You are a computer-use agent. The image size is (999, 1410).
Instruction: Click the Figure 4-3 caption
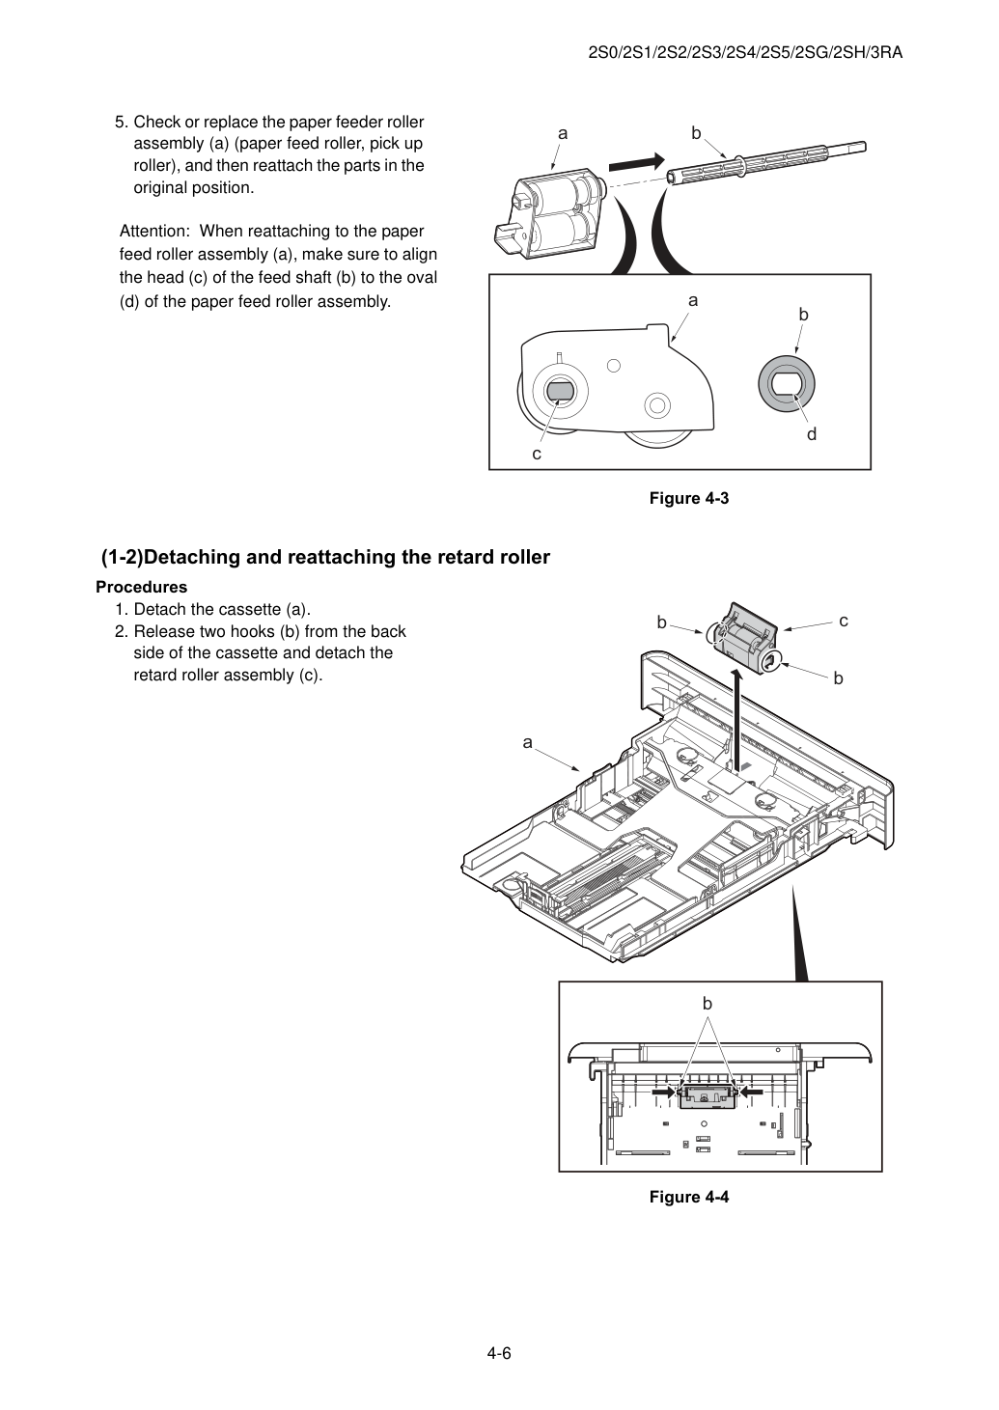pyautogui.click(x=688, y=499)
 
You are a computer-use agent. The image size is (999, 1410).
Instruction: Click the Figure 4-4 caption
pyautogui.click(x=688, y=1197)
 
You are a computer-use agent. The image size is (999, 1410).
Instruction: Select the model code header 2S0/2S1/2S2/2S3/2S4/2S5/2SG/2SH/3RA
pyautogui.click(x=745, y=53)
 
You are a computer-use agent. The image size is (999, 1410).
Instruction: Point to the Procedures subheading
pyautogui.click(x=142, y=587)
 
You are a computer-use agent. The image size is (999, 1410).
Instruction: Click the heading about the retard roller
pyautogui.click(x=325, y=557)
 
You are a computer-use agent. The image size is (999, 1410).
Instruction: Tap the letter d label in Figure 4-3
pyautogui.click(x=812, y=433)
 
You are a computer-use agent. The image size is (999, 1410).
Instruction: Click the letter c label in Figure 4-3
pyautogui.click(x=537, y=454)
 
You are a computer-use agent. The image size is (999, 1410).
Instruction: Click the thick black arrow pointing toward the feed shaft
pyautogui.click(x=637, y=162)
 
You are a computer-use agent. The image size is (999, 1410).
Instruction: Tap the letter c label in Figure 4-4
pyautogui.click(x=844, y=621)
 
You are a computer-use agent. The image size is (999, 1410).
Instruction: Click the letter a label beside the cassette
pyautogui.click(x=528, y=743)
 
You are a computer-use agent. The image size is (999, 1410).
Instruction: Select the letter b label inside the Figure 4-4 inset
pyautogui.click(x=707, y=1003)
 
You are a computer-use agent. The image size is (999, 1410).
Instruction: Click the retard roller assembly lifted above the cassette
pyautogui.click(x=745, y=638)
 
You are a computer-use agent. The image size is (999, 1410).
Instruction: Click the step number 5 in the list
pyautogui.click(x=122, y=122)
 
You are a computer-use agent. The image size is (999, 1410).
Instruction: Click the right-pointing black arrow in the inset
pyautogui.click(x=663, y=1093)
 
